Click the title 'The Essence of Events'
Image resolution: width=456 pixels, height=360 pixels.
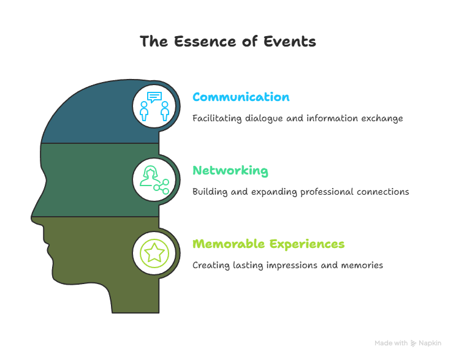click(228, 41)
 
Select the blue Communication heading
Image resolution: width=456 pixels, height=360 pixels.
click(241, 97)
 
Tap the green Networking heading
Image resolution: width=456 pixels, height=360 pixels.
click(230, 171)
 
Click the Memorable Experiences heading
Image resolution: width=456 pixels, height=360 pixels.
click(268, 244)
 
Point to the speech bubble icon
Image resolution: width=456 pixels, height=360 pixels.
click(154, 97)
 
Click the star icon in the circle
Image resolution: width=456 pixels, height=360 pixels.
click(154, 253)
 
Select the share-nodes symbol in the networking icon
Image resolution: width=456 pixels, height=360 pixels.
click(162, 187)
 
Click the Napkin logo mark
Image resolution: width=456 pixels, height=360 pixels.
click(413, 343)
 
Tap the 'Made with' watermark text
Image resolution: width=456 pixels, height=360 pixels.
click(391, 343)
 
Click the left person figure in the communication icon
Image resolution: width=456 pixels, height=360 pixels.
click(144, 111)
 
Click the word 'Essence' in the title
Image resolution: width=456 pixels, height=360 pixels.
click(206, 41)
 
